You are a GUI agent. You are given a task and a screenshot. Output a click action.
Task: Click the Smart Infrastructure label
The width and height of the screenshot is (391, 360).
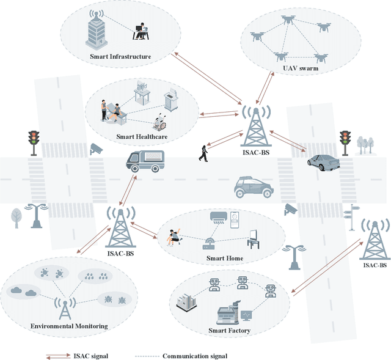(x=120, y=57)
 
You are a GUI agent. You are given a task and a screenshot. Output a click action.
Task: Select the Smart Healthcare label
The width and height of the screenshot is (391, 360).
(x=142, y=137)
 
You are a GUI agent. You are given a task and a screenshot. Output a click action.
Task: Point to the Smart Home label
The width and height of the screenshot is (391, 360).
(x=224, y=259)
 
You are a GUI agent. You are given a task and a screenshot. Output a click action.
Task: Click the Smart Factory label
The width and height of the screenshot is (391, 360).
(x=230, y=331)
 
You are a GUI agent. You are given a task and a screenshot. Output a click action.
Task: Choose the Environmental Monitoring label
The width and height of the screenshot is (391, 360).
(x=69, y=326)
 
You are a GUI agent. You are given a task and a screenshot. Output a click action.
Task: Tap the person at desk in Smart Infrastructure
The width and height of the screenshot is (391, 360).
(x=141, y=31)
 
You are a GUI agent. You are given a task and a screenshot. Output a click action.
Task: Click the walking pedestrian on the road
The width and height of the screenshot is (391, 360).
(x=203, y=152)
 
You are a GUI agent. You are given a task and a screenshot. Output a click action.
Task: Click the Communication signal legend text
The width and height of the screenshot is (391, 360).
(x=195, y=355)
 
